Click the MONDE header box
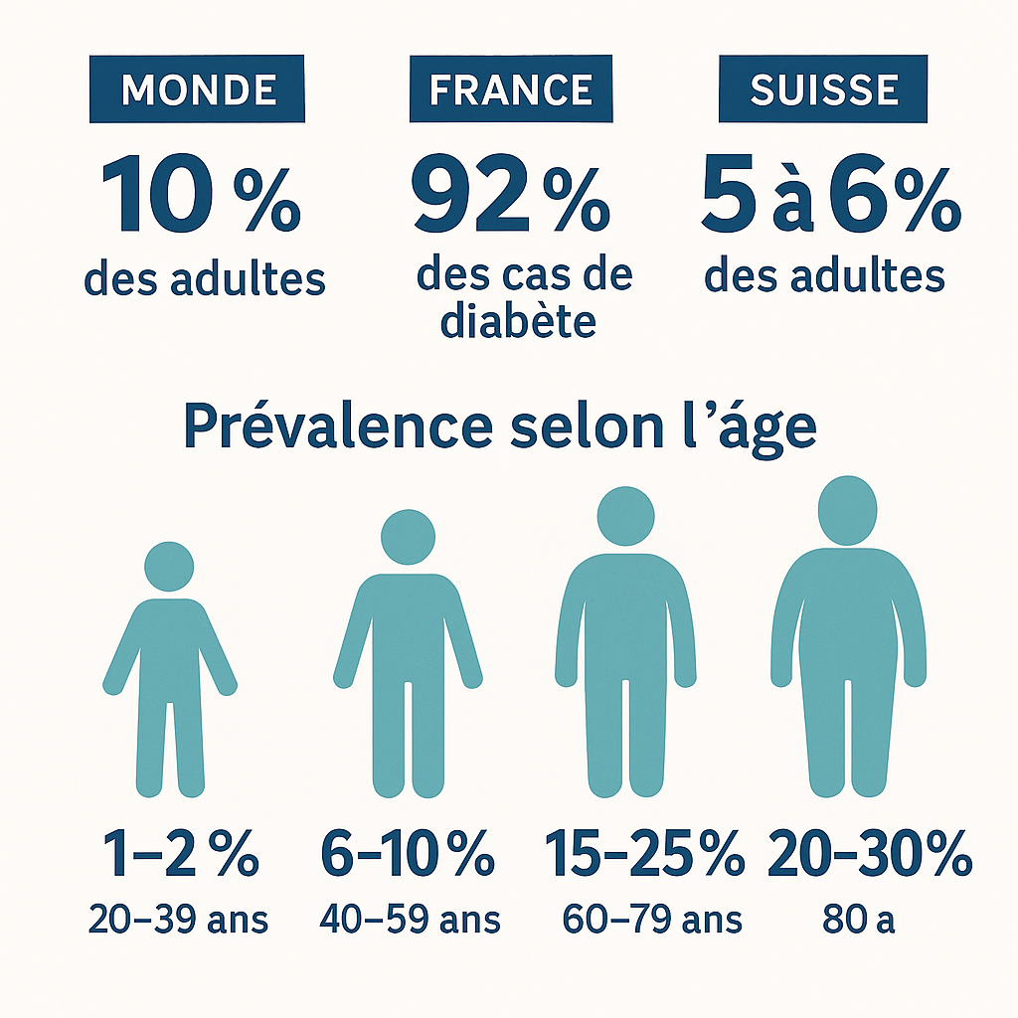pyautogui.click(x=197, y=90)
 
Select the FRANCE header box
pyautogui.click(x=511, y=90)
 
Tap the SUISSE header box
pyautogui.click(x=823, y=90)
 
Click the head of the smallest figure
pyautogui.click(x=169, y=566)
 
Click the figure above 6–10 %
pyautogui.click(x=408, y=656)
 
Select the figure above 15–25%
pyautogui.click(x=625, y=646)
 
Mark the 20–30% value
pyautogui.click(x=870, y=856)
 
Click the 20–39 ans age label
pyautogui.click(x=178, y=920)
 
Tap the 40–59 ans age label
pyautogui.click(x=410, y=920)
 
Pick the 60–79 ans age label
pyautogui.click(x=651, y=920)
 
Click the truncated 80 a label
pyautogui.click(x=859, y=920)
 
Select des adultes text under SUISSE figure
pyautogui.click(x=824, y=276)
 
